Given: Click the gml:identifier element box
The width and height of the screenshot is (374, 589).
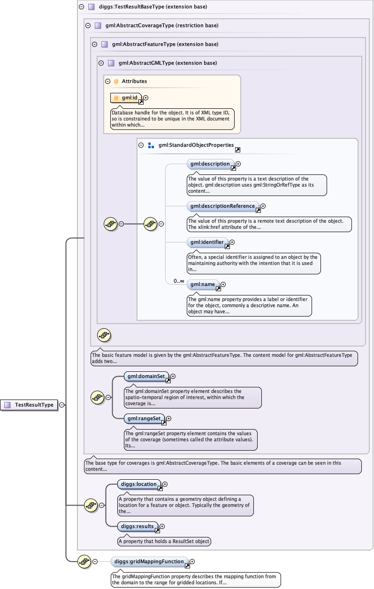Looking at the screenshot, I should tap(207, 242).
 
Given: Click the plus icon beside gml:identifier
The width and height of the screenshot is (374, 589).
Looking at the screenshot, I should tap(232, 242).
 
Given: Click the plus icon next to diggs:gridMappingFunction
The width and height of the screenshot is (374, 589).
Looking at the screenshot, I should tap(192, 561).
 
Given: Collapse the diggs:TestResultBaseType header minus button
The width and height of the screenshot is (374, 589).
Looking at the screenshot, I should tap(81, 7).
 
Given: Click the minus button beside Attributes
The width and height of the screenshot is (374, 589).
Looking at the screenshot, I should tap(108, 81).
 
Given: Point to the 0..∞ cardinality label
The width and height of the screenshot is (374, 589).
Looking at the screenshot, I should tap(179, 281).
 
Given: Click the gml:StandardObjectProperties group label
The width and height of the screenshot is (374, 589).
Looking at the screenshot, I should tap(196, 145).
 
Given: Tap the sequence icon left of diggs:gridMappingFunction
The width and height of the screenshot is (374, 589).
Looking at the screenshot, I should tap(84, 561).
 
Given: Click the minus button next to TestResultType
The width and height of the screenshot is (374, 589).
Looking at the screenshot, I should tap(62, 405).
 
